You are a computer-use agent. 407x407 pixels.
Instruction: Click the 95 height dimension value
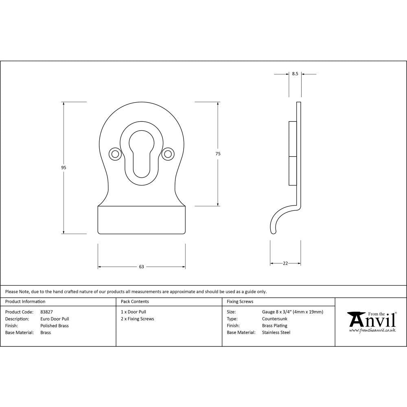(63, 168)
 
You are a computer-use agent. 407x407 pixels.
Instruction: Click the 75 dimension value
(218, 153)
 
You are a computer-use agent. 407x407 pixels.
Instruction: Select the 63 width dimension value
(141, 267)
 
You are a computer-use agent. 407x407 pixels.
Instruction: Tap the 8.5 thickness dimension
(295, 74)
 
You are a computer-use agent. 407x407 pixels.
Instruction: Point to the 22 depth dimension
(285, 264)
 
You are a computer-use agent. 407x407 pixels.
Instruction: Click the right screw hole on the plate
(167, 154)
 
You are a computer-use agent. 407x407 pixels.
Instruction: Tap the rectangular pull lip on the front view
(141, 220)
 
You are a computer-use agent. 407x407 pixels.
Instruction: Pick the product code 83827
(46, 312)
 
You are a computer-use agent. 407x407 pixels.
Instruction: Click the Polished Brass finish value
(55, 326)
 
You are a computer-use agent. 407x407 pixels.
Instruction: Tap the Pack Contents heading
(135, 302)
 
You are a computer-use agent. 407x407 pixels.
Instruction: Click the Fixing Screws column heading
(240, 302)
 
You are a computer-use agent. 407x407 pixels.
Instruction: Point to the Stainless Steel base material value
(276, 333)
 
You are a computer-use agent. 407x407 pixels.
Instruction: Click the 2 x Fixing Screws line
(138, 319)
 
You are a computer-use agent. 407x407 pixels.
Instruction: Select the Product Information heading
(25, 302)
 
